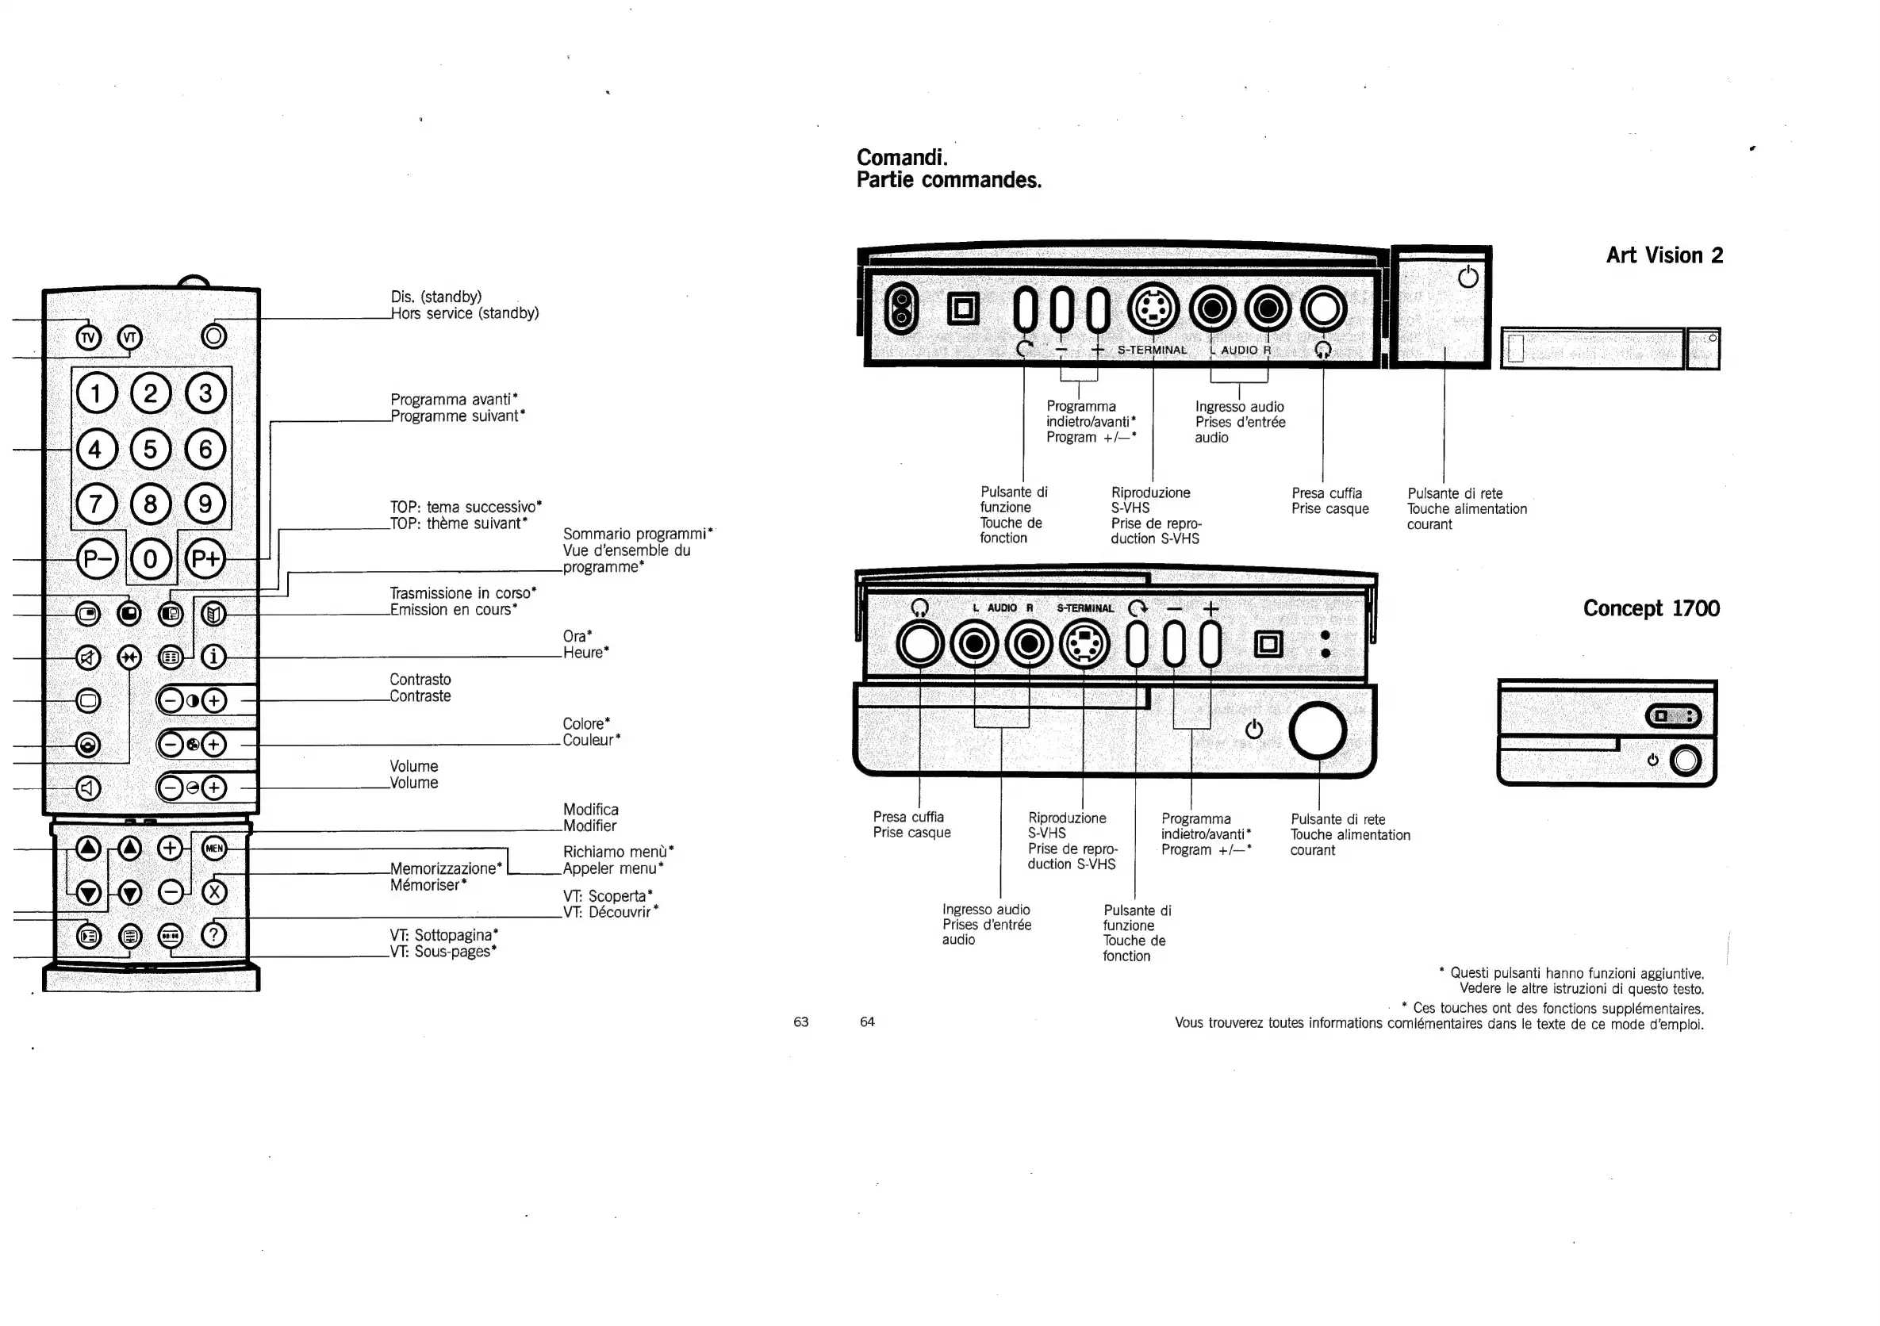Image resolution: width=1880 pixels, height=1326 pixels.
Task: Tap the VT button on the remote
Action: coord(129,337)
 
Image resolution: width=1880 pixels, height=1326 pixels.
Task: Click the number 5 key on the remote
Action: coord(150,449)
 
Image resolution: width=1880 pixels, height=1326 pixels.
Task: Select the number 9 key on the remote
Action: coord(205,504)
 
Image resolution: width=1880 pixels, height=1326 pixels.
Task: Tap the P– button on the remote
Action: coord(97,560)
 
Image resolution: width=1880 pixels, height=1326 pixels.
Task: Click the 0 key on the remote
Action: coord(150,560)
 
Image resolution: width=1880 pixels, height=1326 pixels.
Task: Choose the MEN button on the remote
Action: coord(213,848)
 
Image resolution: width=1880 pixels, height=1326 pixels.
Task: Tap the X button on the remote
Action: coord(213,892)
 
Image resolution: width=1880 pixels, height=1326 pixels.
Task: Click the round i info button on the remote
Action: coord(213,657)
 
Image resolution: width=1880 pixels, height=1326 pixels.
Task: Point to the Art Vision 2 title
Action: coord(1663,255)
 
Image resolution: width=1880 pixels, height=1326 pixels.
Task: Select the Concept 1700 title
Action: coord(1651,608)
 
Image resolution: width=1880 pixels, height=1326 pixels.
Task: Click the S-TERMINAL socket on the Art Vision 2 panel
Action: coord(1153,309)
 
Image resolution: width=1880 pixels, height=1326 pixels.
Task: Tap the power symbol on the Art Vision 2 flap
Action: coord(1468,277)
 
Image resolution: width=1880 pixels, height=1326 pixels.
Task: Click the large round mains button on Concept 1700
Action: coord(1318,730)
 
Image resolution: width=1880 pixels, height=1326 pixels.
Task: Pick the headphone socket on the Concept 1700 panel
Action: coord(919,645)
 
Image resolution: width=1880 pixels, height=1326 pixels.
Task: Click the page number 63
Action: coord(801,1021)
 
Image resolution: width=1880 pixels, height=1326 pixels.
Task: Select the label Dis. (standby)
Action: coord(435,297)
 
